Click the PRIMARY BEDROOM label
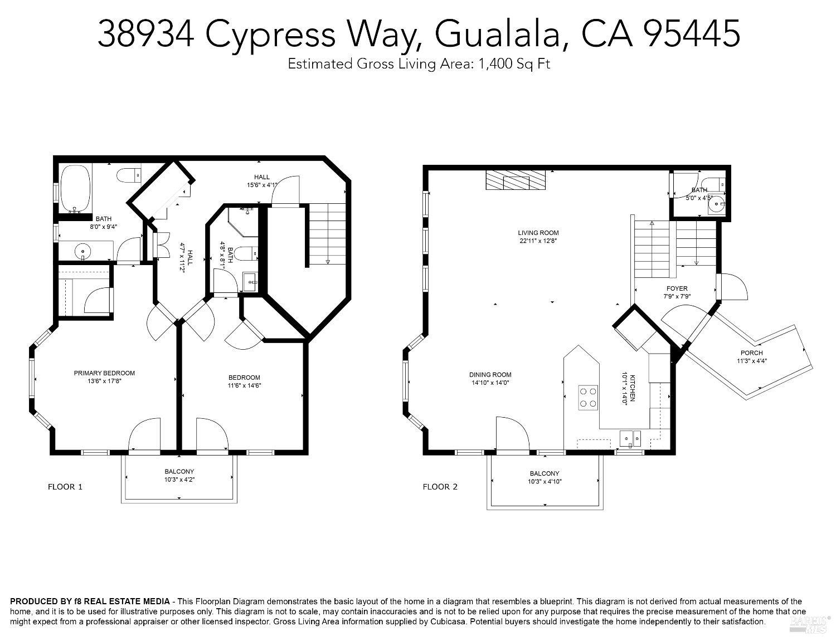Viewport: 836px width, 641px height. (x=104, y=373)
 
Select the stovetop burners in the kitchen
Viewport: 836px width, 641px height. (x=588, y=397)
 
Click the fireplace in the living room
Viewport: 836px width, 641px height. (x=515, y=181)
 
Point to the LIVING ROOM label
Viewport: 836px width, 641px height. (x=538, y=233)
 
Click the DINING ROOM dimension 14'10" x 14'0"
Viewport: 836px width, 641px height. (x=490, y=383)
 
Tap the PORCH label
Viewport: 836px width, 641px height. (x=751, y=353)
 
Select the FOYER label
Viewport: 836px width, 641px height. (x=677, y=288)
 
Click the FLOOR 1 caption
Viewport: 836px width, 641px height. (x=65, y=487)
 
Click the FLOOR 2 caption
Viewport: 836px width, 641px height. (x=440, y=487)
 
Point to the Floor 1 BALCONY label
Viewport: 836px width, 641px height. (x=179, y=471)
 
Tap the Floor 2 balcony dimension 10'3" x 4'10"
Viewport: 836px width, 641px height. (x=545, y=482)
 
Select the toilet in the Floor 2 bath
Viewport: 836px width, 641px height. (x=714, y=183)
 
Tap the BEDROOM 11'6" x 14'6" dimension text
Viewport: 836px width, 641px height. (x=244, y=385)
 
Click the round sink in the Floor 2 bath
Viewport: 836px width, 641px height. (x=715, y=205)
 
